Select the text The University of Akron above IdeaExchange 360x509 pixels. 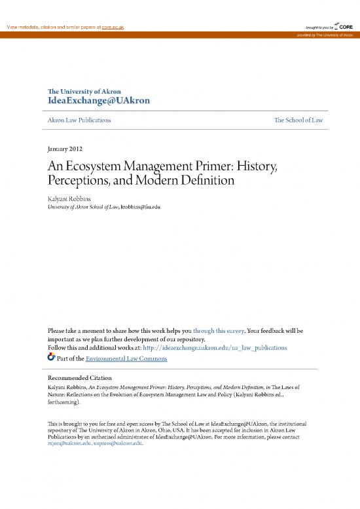click(x=84, y=91)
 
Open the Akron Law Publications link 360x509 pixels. click(x=78, y=121)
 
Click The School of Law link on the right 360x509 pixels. click(x=298, y=121)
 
